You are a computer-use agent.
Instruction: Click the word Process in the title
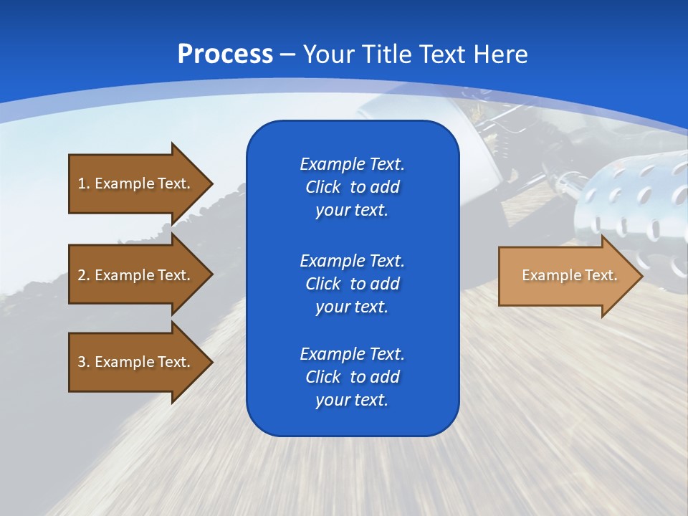(225, 54)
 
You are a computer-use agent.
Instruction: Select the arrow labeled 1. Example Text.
(136, 183)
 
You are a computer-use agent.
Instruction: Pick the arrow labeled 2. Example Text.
(136, 275)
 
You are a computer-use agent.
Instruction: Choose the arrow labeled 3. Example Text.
(136, 362)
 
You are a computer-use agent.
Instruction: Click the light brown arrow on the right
(566, 276)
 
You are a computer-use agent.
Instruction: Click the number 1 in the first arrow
(82, 183)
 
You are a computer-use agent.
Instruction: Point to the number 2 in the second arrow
(82, 275)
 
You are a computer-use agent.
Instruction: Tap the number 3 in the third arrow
(82, 362)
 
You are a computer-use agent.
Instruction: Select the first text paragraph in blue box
(352, 187)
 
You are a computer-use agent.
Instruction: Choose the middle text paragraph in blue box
(352, 283)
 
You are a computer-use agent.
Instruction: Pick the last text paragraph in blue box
(352, 377)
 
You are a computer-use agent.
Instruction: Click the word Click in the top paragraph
(322, 187)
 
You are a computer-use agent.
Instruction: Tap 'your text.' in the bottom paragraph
(352, 401)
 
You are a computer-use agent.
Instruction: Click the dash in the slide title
(288, 54)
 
